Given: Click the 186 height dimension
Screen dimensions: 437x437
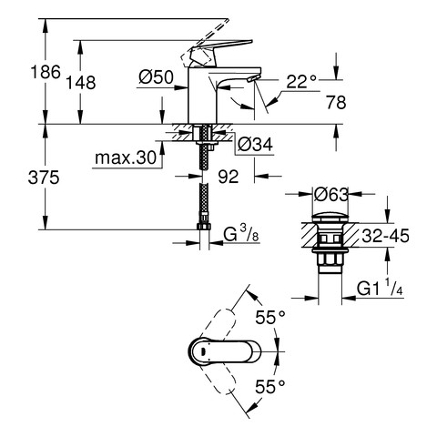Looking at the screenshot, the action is [46, 72].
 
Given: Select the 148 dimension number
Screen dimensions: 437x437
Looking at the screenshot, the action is [81, 83].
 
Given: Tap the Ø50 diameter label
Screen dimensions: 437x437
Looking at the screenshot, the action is [156, 77].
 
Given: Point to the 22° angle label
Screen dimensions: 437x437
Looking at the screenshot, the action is [301, 81].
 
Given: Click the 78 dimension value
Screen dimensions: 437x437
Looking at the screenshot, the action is [336, 102].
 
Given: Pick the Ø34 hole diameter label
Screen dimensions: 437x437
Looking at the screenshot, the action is [255, 144].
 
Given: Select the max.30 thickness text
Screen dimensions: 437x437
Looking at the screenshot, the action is [126, 158].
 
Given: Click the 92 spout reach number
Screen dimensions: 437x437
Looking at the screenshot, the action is [229, 177].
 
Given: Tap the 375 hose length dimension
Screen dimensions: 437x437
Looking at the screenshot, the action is [44, 178].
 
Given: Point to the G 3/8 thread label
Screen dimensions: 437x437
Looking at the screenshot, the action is [241, 234].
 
